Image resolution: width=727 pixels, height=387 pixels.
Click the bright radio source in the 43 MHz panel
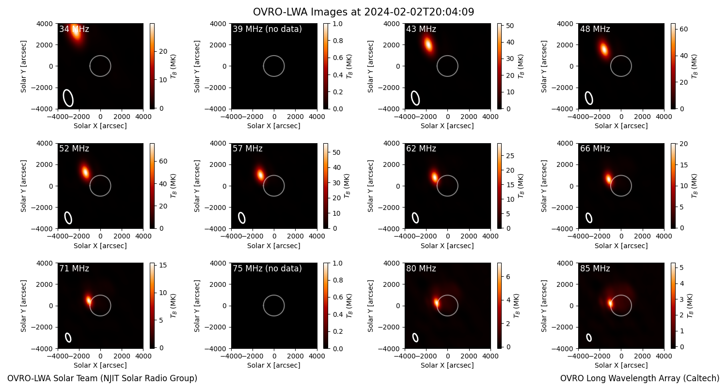pyautogui.click(x=428, y=45)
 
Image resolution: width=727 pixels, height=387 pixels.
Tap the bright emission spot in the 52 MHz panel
pyautogui.click(x=85, y=171)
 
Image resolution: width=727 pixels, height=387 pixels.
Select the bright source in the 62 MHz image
pyautogui.click(x=435, y=177)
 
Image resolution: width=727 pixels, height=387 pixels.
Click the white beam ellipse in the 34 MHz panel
pyautogui.click(x=68, y=98)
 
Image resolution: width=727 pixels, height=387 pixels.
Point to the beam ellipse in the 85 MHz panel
pyautogui.click(x=589, y=338)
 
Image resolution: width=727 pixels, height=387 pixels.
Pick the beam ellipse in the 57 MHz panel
pyautogui.click(x=242, y=218)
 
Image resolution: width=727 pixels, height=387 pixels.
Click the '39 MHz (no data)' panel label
pyautogui.click(x=267, y=29)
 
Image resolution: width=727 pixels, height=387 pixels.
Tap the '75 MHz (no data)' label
pyautogui.click(x=267, y=268)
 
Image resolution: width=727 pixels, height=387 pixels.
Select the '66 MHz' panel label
pyautogui.click(x=595, y=149)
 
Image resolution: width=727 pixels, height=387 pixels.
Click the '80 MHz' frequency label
pyautogui.click(x=421, y=268)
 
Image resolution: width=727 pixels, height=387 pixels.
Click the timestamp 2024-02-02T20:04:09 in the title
pyautogui.click(x=419, y=12)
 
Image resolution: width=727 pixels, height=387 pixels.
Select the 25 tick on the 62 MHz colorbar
pyautogui.click(x=510, y=156)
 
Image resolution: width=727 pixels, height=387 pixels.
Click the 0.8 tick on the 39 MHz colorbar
pyautogui.click(x=338, y=41)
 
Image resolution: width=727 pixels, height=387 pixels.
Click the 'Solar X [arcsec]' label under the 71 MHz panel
pyautogui.click(x=100, y=365)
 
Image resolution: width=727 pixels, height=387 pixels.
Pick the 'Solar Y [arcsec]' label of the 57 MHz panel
pyautogui.click(x=197, y=186)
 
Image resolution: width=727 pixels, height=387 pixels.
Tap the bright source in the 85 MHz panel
pyautogui.click(x=610, y=303)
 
